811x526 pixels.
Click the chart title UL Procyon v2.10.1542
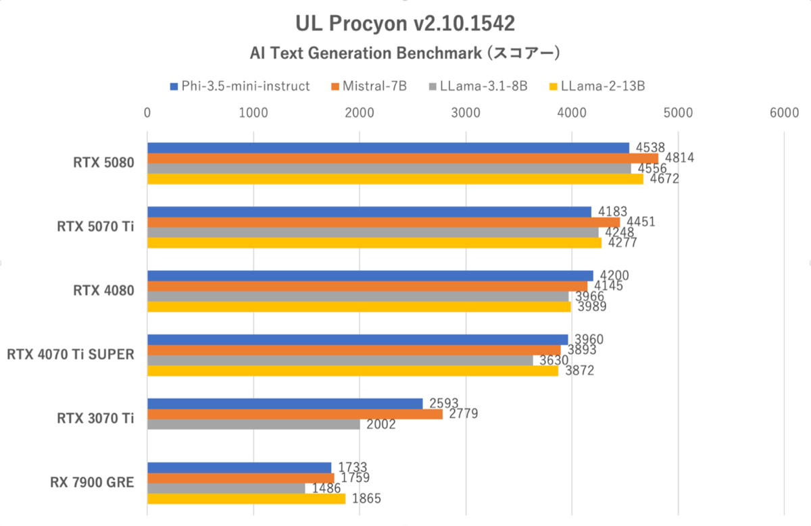click(405, 24)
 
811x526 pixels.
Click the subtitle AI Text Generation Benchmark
click(405, 53)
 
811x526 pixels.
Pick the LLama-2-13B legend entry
click(597, 86)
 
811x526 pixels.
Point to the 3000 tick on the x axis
click(465, 113)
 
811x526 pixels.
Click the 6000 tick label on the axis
click(783, 113)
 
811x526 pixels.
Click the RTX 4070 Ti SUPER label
click(70, 354)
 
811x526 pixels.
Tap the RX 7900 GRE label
click(92, 482)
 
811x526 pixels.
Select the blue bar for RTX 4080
click(370, 275)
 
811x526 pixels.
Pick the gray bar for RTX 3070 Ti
click(253, 425)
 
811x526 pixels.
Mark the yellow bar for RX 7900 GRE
click(246, 499)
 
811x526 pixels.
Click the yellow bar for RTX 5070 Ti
click(374, 243)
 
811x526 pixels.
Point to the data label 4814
click(681, 158)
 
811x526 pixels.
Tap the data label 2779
click(464, 414)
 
